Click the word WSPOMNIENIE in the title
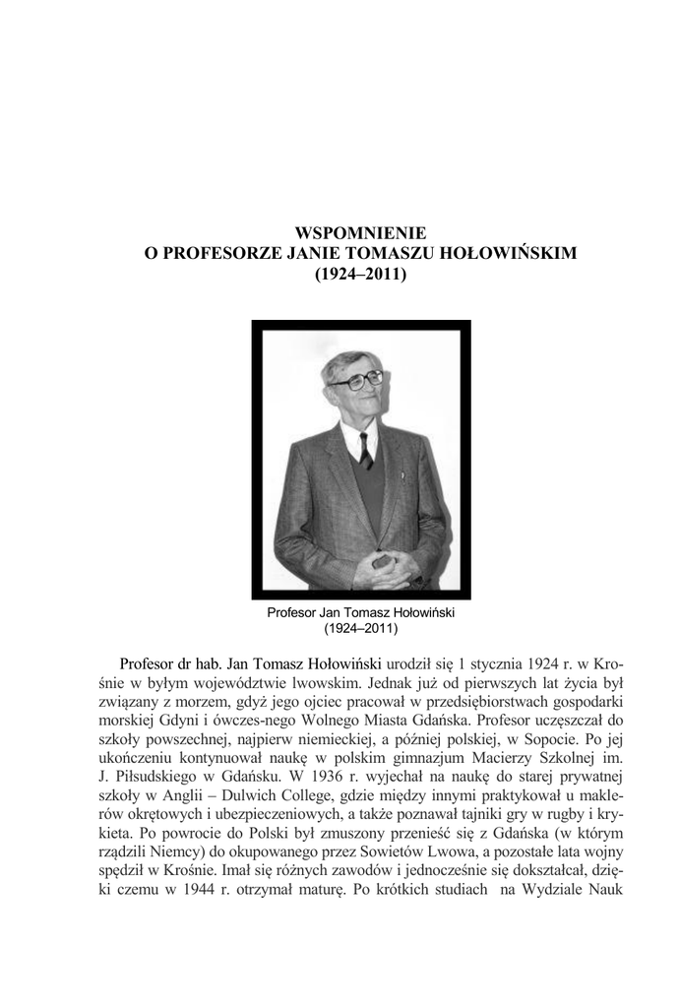pyautogui.click(x=360, y=233)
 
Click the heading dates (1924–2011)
pyautogui.click(x=360, y=276)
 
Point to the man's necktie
pyautogui.click(x=366, y=450)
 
